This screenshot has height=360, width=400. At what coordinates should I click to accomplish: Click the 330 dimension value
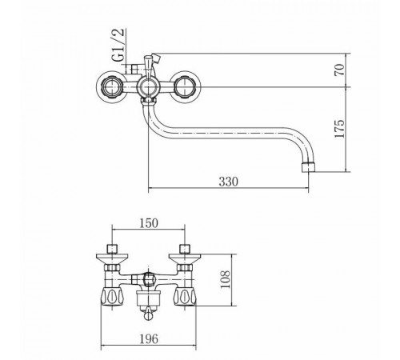tap(228, 182)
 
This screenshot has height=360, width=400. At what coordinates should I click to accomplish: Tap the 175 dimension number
tap(339, 129)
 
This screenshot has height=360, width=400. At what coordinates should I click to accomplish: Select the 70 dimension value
tap(339, 70)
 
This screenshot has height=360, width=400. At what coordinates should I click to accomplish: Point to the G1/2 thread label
tap(118, 45)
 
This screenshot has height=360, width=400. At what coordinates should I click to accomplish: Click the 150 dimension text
tap(149, 223)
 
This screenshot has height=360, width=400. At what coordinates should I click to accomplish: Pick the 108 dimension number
tap(226, 279)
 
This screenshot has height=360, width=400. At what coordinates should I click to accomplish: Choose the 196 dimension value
tap(149, 338)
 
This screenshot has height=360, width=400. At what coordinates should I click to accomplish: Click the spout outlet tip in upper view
tap(309, 166)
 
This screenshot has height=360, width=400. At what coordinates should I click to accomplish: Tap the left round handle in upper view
tap(110, 87)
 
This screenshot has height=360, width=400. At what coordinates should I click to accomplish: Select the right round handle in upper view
tap(185, 87)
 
